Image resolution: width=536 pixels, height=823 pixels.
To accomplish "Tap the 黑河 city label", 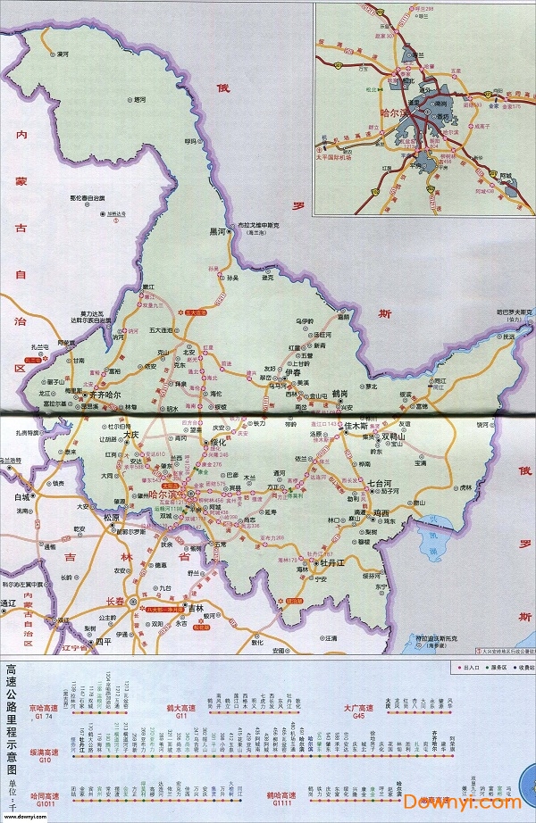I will click(218, 230).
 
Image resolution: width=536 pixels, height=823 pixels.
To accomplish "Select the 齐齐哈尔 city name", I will click(114, 395).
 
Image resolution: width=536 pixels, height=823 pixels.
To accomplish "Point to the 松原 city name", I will click(111, 517).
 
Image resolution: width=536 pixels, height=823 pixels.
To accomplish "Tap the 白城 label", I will click(21, 496).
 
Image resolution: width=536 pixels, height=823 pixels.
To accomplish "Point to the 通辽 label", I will click(9, 603).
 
